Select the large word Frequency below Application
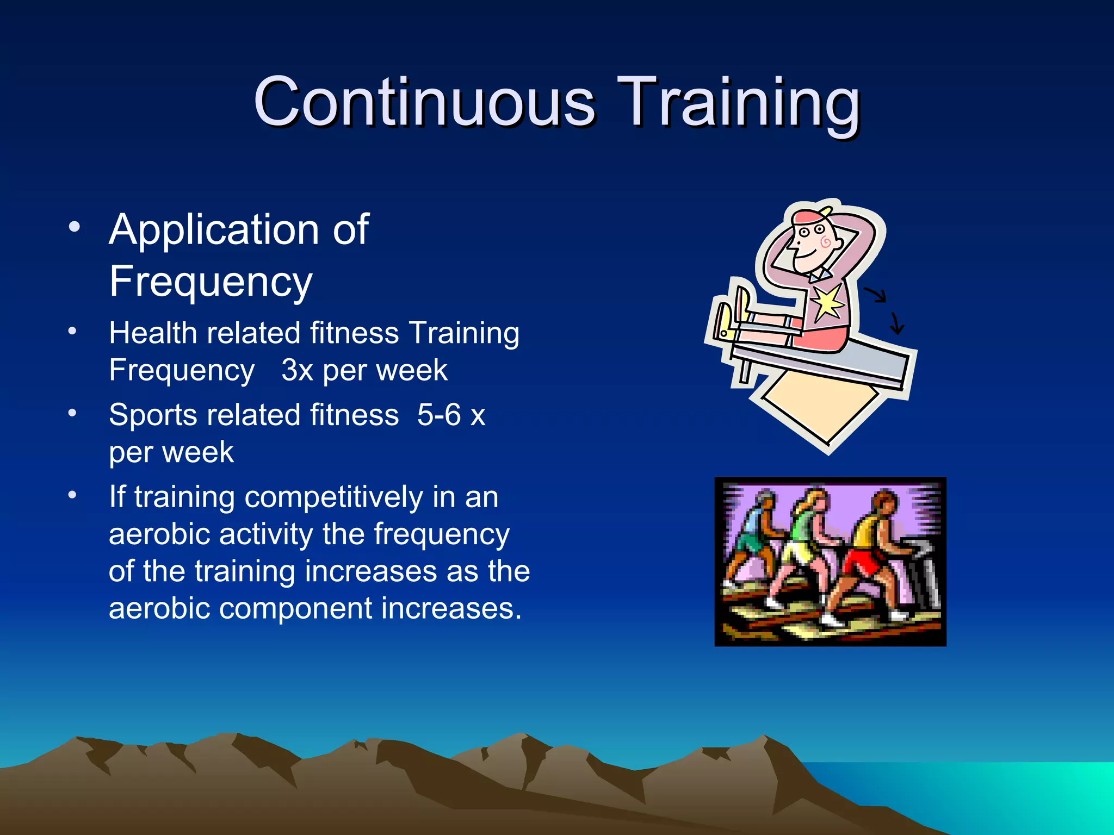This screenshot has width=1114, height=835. [211, 282]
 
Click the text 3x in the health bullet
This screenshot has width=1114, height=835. [297, 371]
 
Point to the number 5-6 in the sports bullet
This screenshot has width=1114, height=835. [438, 415]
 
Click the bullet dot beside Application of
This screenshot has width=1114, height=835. [74, 227]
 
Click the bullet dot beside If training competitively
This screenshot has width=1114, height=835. [72, 495]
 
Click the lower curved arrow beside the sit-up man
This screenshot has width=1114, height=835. [895, 323]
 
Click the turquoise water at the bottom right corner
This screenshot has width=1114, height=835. [1033, 794]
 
